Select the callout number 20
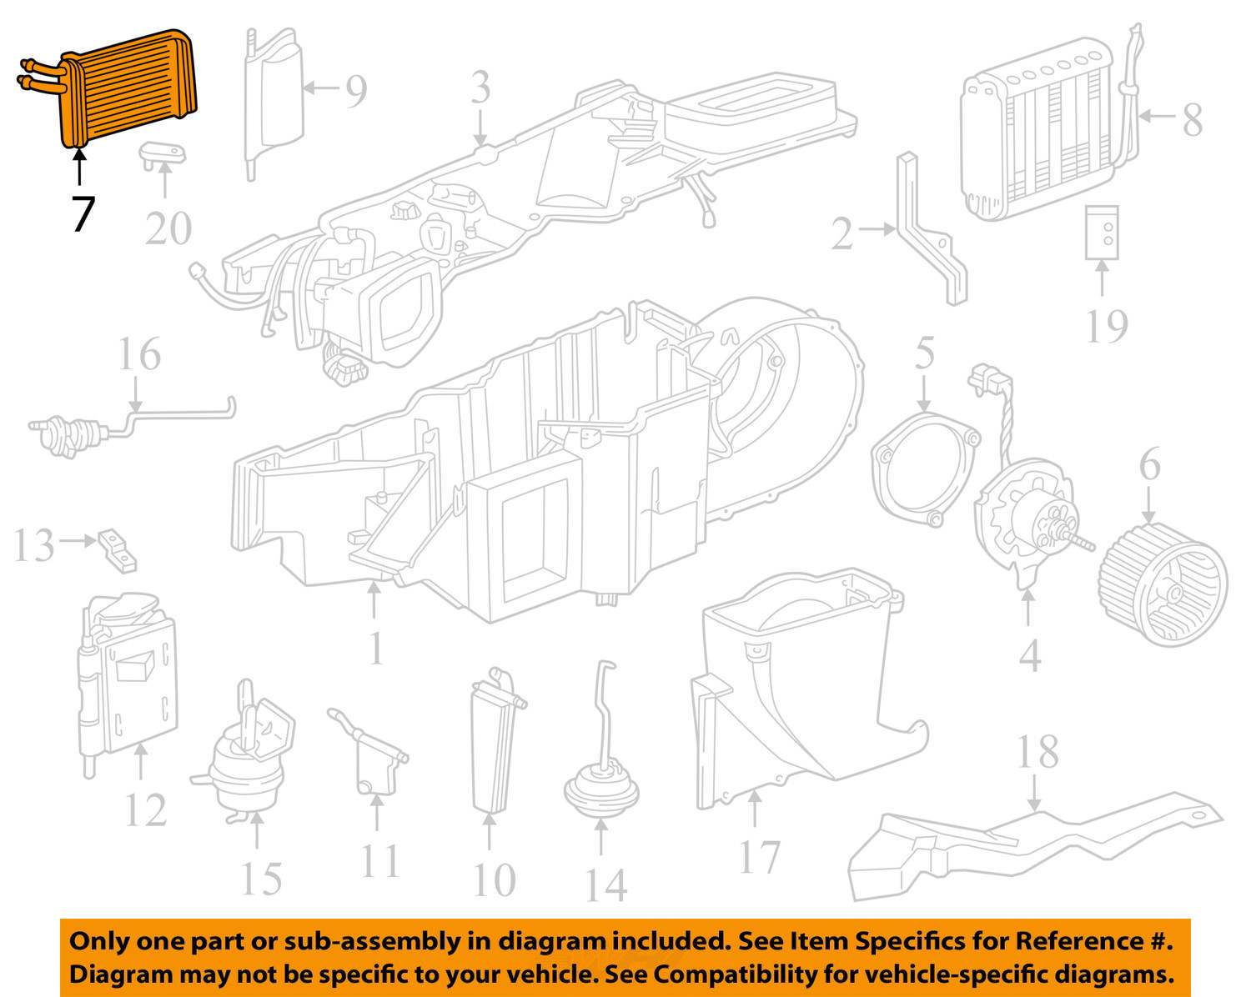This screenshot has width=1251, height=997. [168, 228]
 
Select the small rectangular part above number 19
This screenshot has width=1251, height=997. [1102, 233]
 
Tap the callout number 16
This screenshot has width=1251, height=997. [138, 354]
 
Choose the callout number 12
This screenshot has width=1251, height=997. [145, 809]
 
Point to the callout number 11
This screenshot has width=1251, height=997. [380, 860]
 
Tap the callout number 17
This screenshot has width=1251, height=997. [759, 857]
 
